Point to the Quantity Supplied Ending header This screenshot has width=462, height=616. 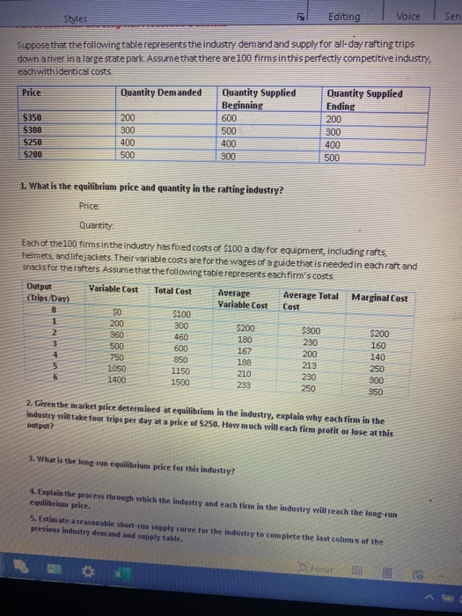(363, 99)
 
